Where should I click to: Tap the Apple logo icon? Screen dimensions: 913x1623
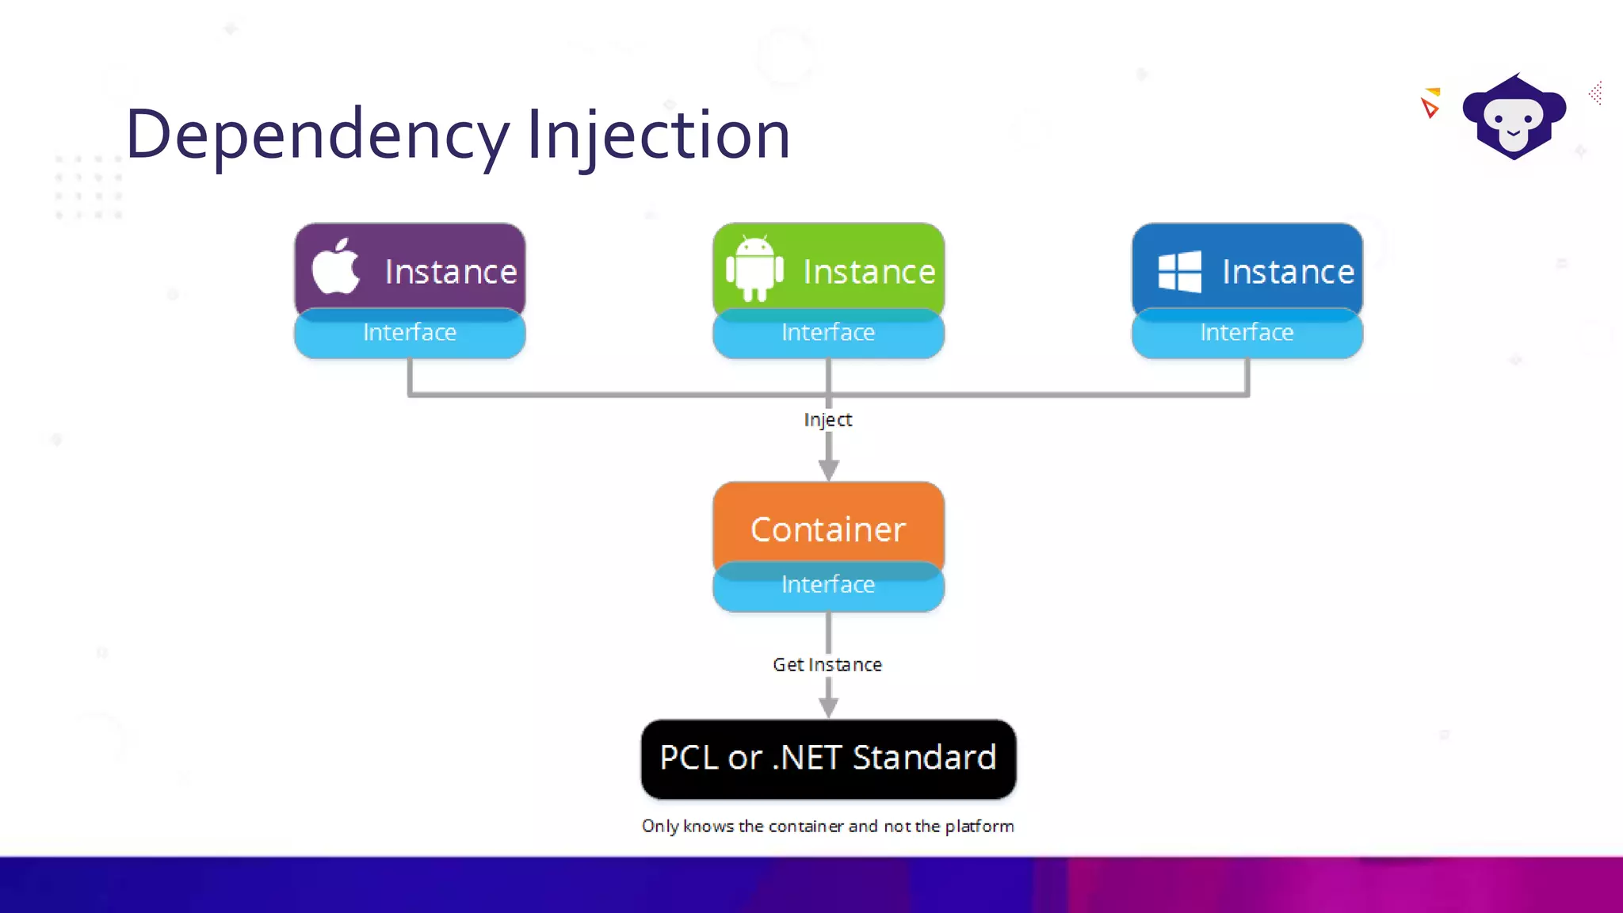336,267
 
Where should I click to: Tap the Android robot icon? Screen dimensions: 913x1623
754,268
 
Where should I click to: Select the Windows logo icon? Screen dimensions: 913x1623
1179,272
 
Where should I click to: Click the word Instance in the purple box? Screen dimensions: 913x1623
451,272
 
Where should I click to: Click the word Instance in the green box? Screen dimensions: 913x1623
869,272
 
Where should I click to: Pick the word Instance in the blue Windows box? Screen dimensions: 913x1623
1288,272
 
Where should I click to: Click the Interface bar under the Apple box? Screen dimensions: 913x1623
410,333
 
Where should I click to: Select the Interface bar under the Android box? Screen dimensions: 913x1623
828,333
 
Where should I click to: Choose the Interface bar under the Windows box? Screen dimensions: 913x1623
1247,333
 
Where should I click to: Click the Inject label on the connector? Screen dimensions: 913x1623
828,419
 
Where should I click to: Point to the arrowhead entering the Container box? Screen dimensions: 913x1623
828,469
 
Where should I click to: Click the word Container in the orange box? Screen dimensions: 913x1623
828,529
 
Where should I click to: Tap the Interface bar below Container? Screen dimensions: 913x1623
828,585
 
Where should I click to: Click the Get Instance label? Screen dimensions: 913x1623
827,664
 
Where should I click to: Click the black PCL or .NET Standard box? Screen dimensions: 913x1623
828,758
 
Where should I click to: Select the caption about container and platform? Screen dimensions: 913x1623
828,826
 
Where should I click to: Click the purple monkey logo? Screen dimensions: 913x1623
1514,117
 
